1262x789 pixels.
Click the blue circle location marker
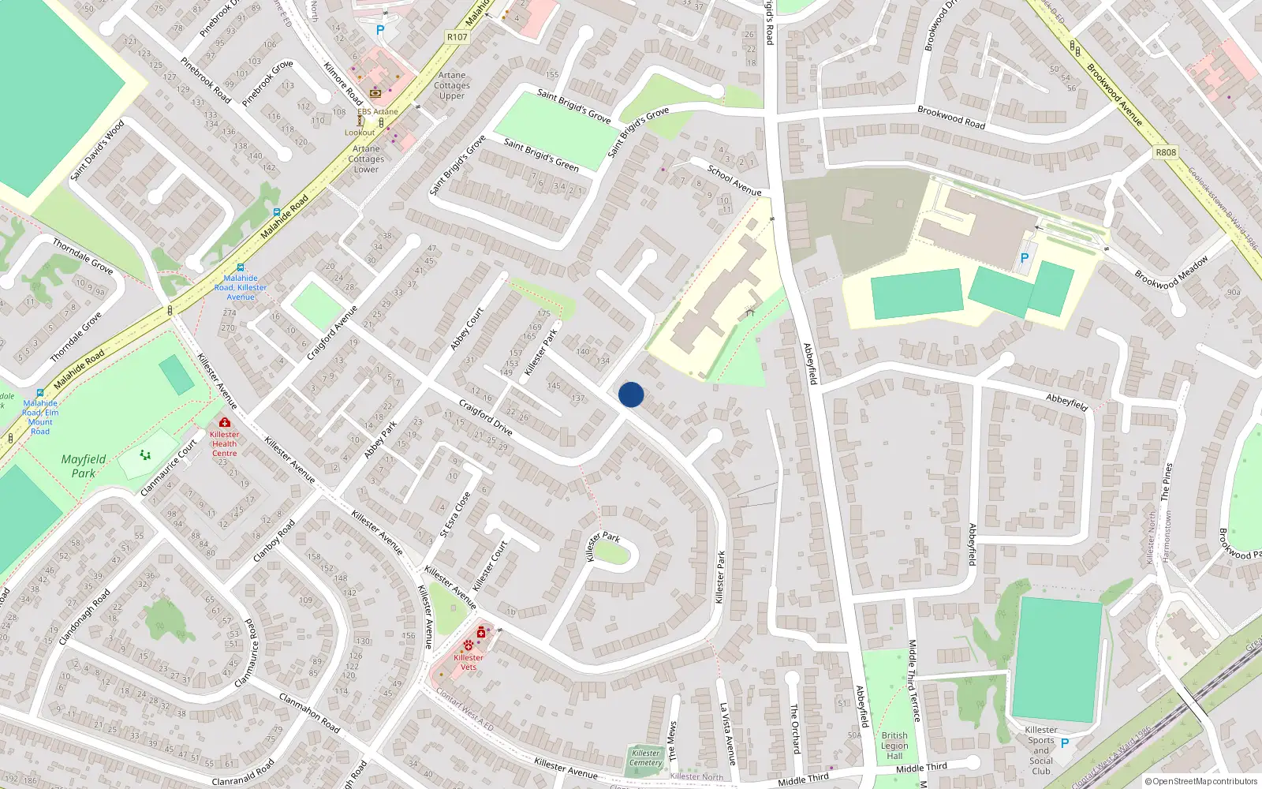point(631,394)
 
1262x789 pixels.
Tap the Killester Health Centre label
point(224,444)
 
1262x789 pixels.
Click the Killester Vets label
point(469,662)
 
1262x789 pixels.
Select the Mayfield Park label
point(83,466)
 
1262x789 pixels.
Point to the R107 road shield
point(457,37)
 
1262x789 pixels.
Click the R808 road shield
point(1165,152)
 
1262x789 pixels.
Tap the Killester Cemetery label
point(646,757)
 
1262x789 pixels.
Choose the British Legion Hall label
point(894,746)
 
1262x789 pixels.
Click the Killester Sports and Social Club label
point(1041,750)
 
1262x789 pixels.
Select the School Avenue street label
point(734,181)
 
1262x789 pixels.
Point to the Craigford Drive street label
point(486,418)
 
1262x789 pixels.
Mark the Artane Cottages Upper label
point(452,85)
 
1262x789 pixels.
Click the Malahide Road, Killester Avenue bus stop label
point(241,287)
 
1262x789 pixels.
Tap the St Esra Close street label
point(455,514)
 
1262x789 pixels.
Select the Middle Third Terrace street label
point(914,680)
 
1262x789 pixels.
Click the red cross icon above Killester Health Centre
point(225,423)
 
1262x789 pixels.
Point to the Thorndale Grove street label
point(83,256)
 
